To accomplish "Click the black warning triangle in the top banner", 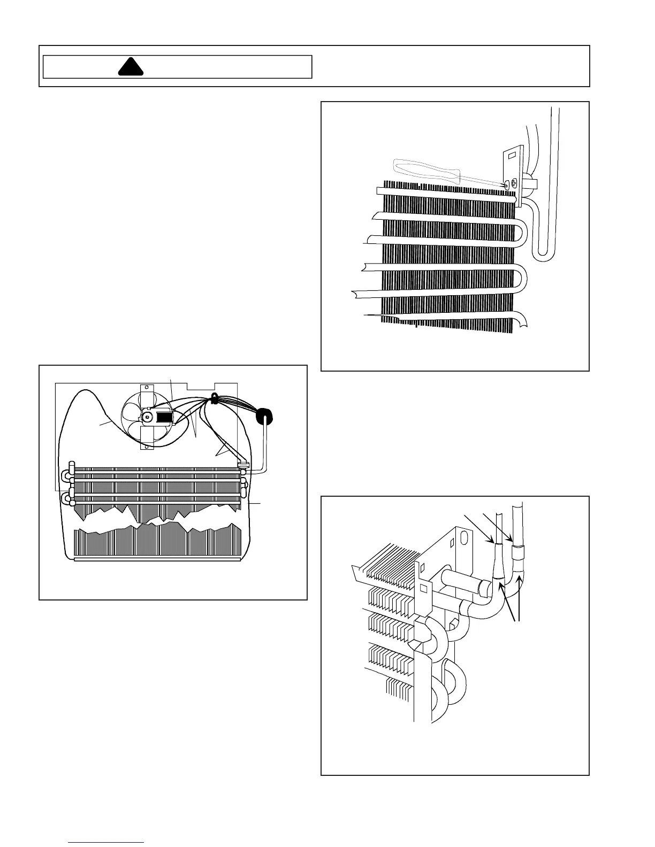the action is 130,67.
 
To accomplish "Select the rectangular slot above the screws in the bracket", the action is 511,156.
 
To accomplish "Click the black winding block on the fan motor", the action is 164,416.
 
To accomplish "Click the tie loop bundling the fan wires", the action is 215,397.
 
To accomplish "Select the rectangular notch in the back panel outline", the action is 200,385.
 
